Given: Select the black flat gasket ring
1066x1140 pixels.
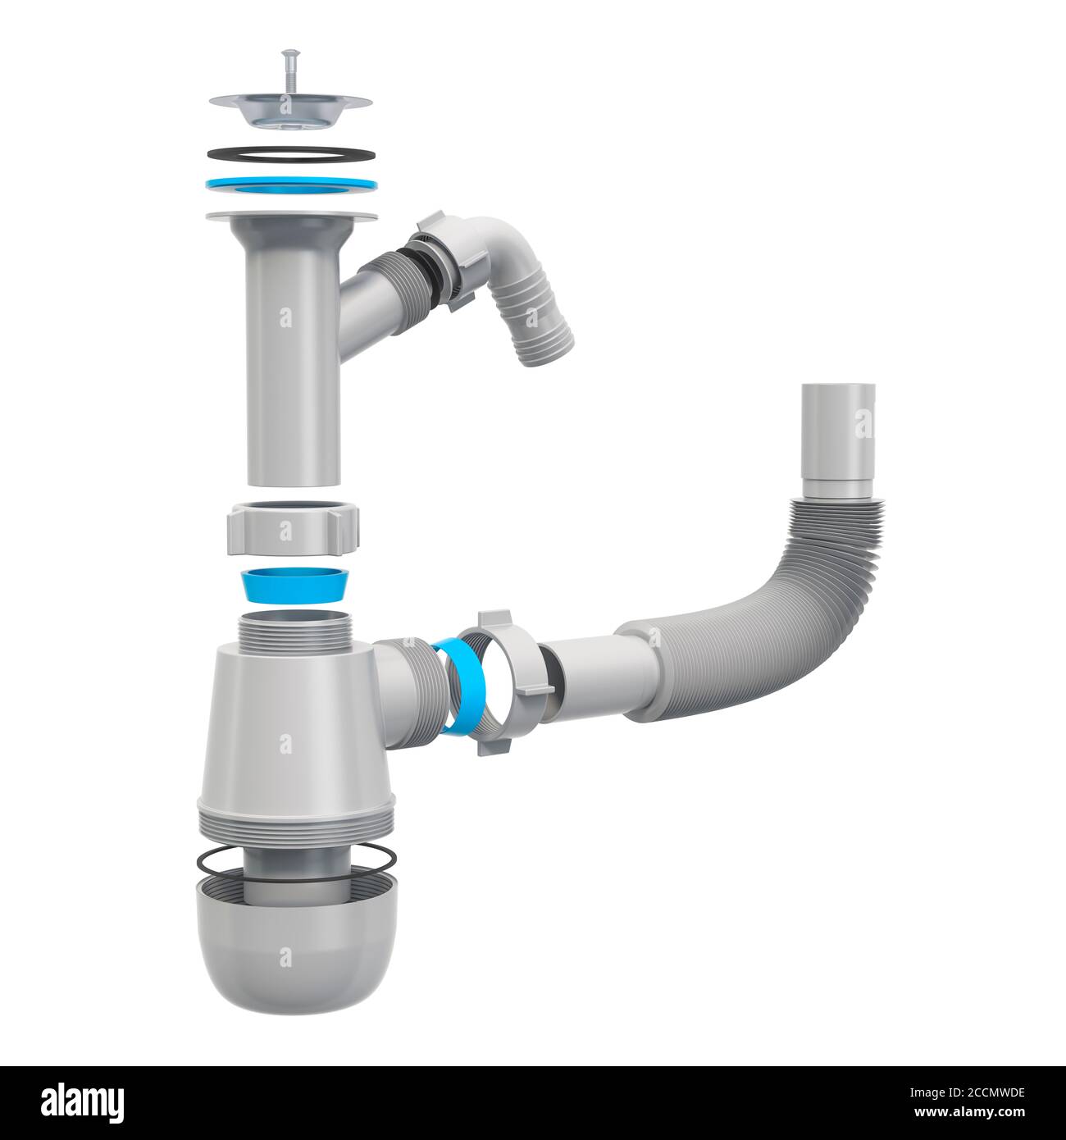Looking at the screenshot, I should pyautogui.click(x=291, y=154).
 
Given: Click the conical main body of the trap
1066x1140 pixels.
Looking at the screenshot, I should pyautogui.click(x=285, y=730).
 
